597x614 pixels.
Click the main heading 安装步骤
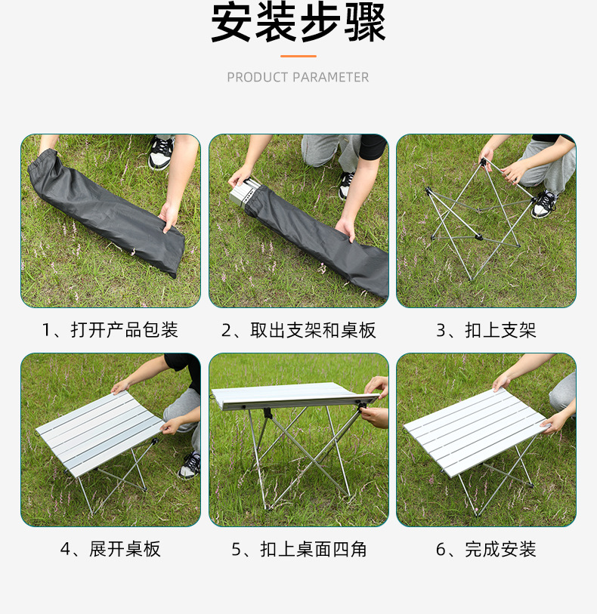tap(298, 24)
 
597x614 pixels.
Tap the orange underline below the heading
tap(298, 56)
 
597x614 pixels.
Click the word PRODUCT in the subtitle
tap(258, 77)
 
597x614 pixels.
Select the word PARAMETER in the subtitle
tap(331, 77)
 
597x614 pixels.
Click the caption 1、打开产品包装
tap(110, 330)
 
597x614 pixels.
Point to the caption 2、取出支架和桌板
tap(298, 330)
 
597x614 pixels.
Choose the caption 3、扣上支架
tap(485, 330)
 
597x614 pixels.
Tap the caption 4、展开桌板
tap(110, 549)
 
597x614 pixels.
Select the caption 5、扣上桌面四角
tap(298, 549)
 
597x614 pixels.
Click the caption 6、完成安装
tap(485, 549)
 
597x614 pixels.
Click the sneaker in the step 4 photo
tap(190, 464)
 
